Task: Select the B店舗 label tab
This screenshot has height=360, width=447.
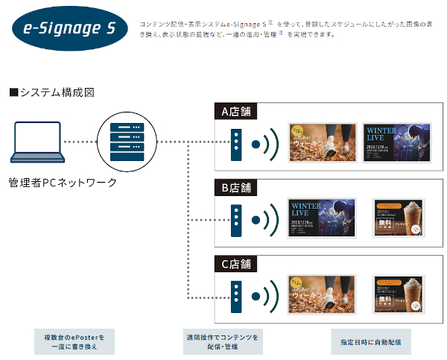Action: pos(236,187)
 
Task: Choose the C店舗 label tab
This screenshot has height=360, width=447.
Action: pos(236,264)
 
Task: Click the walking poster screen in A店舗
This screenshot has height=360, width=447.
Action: pos(320,142)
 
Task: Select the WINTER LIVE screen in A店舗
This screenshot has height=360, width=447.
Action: pos(395,142)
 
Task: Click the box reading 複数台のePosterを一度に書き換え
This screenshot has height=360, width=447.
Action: pos(74,342)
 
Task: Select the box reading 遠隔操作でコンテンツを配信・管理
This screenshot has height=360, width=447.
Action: pos(223,342)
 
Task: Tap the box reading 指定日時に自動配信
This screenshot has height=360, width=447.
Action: pos(371,342)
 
